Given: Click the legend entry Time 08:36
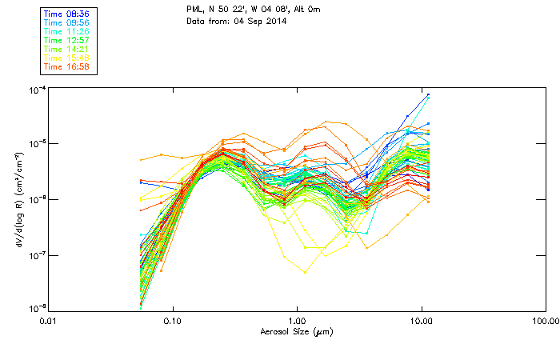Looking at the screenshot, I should tap(67, 14).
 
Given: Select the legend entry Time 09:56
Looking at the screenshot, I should tap(67, 22).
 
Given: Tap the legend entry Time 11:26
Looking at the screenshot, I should tap(67, 31).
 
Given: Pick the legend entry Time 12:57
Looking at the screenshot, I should tap(67, 40).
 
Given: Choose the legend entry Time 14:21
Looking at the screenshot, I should tap(67, 49).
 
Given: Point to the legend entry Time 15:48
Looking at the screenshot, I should tap(67, 58).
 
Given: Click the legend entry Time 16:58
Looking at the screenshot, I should tap(67, 66).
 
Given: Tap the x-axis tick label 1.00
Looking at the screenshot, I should tap(297, 322).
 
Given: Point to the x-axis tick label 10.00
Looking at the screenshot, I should tap(422, 322).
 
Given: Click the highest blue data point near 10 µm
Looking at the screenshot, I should tap(429, 94).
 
